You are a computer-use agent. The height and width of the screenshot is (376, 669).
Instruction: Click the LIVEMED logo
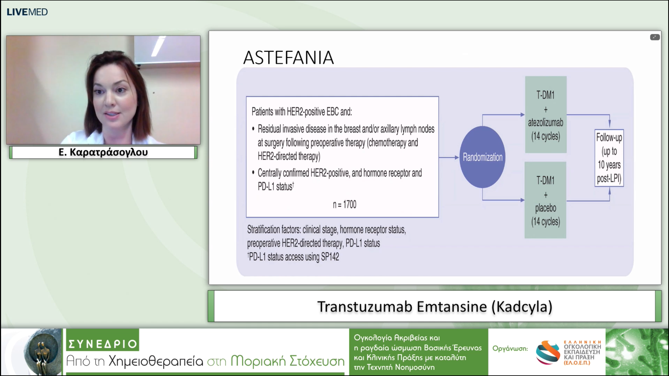click(x=27, y=12)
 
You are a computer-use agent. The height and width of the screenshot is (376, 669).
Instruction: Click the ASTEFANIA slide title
click(x=289, y=58)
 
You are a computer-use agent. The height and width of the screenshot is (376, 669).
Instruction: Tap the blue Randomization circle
click(x=482, y=157)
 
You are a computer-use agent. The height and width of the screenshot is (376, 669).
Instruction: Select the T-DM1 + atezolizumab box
click(x=546, y=115)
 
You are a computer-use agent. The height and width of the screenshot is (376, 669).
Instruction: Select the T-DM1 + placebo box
click(x=545, y=200)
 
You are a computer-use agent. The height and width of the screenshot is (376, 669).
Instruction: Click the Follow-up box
click(x=609, y=158)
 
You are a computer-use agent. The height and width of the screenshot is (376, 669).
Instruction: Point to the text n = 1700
click(x=344, y=204)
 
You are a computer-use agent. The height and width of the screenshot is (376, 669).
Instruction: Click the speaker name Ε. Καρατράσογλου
click(x=103, y=152)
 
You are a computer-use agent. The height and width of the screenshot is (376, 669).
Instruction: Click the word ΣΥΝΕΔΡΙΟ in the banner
click(x=103, y=344)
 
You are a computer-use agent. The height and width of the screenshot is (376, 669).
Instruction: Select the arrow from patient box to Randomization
click(x=449, y=157)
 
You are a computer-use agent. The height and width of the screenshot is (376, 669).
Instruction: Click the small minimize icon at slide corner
click(x=655, y=37)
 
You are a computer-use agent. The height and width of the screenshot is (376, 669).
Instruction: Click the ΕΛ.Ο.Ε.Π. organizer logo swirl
click(x=548, y=352)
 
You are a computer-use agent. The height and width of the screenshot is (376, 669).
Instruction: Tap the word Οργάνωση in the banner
click(x=510, y=348)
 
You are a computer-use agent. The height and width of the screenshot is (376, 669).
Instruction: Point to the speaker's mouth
click(x=113, y=115)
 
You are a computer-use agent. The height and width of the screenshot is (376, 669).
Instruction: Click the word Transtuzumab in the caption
click(x=365, y=307)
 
